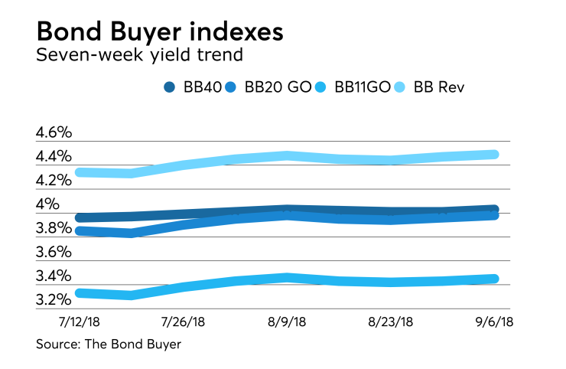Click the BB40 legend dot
(x=171, y=87)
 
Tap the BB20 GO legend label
(x=277, y=87)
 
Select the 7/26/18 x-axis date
(x=183, y=323)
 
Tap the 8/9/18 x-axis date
(x=287, y=323)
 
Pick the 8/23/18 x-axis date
(x=391, y=323)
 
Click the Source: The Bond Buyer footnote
(x=109, y=345)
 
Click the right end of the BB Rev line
(x=493, y=155)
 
